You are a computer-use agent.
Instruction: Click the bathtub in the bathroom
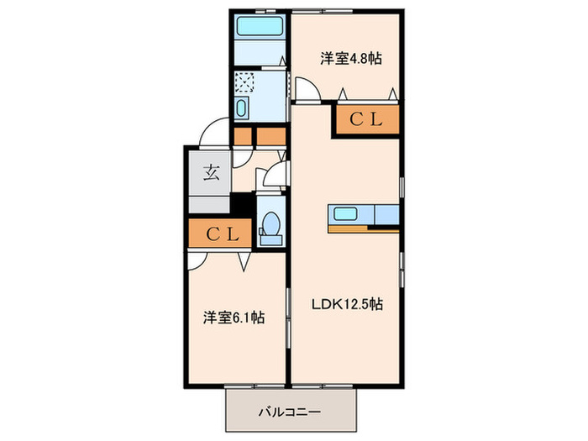pyautogui.click(x=260, y=25)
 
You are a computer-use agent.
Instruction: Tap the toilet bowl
pyautogui.click(x=270, y=224)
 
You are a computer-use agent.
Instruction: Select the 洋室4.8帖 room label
pyautogui.click(x=351, y=59)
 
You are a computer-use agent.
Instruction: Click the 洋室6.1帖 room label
pyautogui.click(x=234, y=318)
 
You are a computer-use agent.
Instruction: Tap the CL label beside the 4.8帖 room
pyautogui.click(x=367, y=119)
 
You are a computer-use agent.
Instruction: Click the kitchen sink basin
pyautogui.click(x=346, y=213)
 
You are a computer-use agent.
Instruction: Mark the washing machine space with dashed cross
pyautogui.click(x=244, y=82)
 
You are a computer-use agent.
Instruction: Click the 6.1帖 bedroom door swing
pyautogui.click(x=198, y=260)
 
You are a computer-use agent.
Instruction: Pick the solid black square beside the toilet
pyautogui.click(x=242, y=203)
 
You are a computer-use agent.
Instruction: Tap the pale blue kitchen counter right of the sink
pyautogui.click(x=386, y=214)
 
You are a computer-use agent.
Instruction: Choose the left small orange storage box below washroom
pyautogui.click(x=243, y=135)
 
